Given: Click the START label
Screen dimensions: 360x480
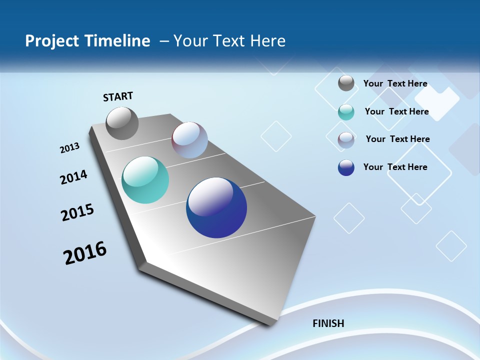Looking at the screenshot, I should click(x=118, y=96).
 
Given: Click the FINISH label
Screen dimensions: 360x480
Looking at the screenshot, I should click(x=328, y=323).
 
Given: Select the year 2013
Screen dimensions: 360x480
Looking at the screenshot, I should click(x=69, y=148).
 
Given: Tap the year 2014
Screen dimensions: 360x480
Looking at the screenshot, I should click(x=73, y=177).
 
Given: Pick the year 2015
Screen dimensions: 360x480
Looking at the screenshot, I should click(x=77, y=212).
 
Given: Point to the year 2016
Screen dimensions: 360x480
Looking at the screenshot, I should click(x=85, y=253).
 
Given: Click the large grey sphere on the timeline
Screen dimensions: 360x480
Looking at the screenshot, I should click(x=122, y=123).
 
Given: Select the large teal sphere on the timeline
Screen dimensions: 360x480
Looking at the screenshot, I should click(x=145, y=180).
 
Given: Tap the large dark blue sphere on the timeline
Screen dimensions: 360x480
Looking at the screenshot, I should click(x=216, y=207).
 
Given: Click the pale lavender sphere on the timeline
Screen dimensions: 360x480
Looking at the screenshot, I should click(x=189, y=140).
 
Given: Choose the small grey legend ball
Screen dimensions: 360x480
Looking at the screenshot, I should click(x=346, y=83).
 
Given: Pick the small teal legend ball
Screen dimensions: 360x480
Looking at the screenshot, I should click(x=346, y=112).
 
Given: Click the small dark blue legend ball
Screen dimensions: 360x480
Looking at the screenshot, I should click(x=346, y=167).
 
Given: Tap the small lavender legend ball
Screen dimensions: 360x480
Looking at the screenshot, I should click(x=346, y=140).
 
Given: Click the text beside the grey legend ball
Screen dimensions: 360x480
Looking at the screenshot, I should click(x=395, y=83).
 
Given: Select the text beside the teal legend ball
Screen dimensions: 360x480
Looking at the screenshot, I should click(x=396, y=111).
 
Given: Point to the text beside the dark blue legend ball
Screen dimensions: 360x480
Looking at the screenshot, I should click(x=395, y=167).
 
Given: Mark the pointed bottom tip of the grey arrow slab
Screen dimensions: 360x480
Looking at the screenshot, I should click(x=273, y=324).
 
